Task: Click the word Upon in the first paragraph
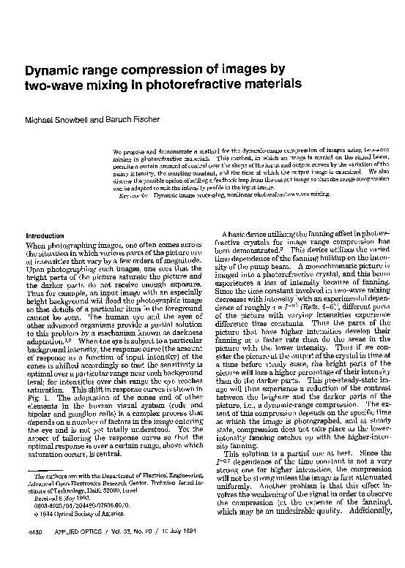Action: (x=35, y=268)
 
